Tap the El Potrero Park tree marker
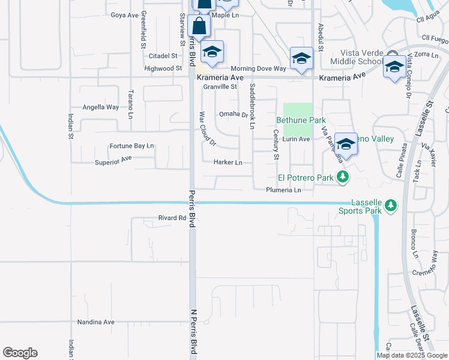coord(342,177)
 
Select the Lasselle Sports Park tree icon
coord(391,206)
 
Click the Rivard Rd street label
coord(172,218)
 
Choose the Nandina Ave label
coord(95,322)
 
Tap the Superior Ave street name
coord(113,161)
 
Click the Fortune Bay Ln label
coord(131,146)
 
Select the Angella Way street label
coord(100,107)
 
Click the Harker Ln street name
coord(228,163)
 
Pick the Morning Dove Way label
coord(258,69)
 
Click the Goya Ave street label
coord(125,15)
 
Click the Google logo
coord(20,353)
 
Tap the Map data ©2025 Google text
coord(412,355)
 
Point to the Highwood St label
coord(163,69)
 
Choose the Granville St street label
coord(220,86)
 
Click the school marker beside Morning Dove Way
coord(301,59)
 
